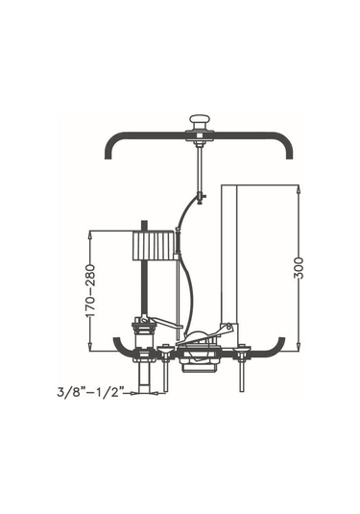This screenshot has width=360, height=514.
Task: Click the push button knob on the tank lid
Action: (x=199, y=121)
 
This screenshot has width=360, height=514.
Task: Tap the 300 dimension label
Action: (x=299, y=268)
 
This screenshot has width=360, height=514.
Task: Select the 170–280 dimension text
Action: (x=90, y=290)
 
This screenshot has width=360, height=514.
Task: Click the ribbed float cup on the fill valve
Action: (x=153, y=246)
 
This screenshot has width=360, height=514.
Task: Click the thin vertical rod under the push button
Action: (x=199, y=169)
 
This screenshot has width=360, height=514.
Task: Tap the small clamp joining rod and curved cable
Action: (x=201, y=197)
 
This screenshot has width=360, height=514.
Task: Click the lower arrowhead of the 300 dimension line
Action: (x=299, y=347)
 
